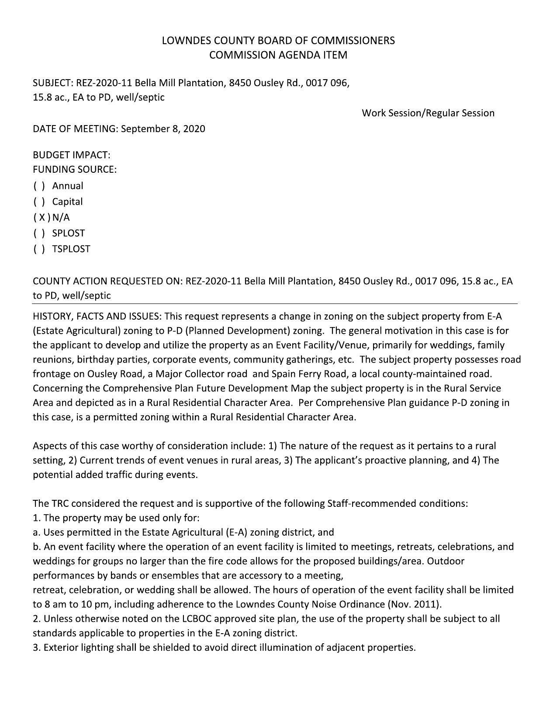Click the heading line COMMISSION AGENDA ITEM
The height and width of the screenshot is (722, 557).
pos(278,55)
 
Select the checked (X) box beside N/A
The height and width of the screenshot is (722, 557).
pos(42,217)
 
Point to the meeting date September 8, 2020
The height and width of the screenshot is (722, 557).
pos(163,129)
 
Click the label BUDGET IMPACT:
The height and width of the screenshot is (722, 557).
pos(72,155)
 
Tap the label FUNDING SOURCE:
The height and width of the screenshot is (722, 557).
pos(75,169)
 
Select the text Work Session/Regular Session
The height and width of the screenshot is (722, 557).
pos(428,113)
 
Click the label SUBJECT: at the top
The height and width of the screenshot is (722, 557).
pos(53,83)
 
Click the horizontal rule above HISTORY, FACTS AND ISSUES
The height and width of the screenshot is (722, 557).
pos(275,303)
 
